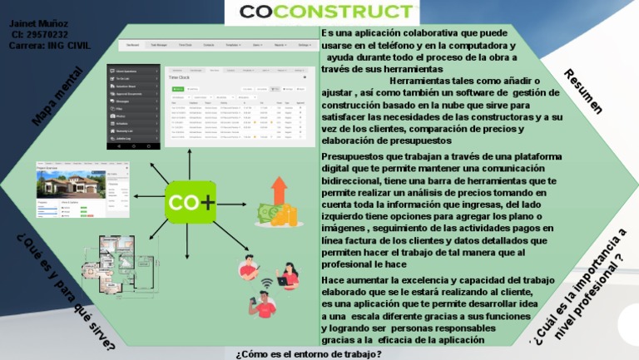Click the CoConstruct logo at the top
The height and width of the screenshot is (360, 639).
(x=328, y=12)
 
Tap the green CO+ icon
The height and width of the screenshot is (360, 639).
(x=191, y=202)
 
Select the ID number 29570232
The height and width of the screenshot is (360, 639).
(x=39, y=35)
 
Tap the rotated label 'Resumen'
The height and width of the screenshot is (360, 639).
(x=583, y=91)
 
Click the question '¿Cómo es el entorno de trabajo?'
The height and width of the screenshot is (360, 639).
(x=309, y=353)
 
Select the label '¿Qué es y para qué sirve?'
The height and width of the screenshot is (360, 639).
(x=65, y=291)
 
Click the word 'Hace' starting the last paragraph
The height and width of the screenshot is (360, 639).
(x=332, y=280)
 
